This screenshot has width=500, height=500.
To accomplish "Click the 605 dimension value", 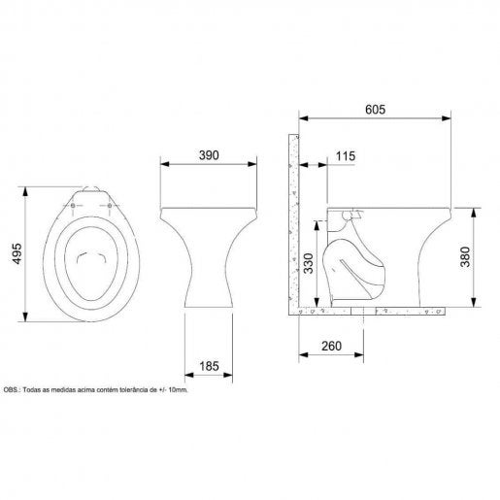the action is point(375,110).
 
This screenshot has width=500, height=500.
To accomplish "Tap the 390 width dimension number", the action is point(209,155).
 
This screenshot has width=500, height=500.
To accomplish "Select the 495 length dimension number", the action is point(17,253).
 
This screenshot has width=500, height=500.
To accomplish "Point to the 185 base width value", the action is point(209,366).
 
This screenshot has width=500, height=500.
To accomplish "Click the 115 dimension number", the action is point(346,156).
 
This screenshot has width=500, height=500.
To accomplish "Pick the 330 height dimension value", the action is point(309,263).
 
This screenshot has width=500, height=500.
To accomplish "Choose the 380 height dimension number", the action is point(465,256).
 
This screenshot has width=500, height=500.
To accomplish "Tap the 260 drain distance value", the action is point(332,347).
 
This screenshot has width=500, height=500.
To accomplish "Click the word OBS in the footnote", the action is point(11,390).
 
